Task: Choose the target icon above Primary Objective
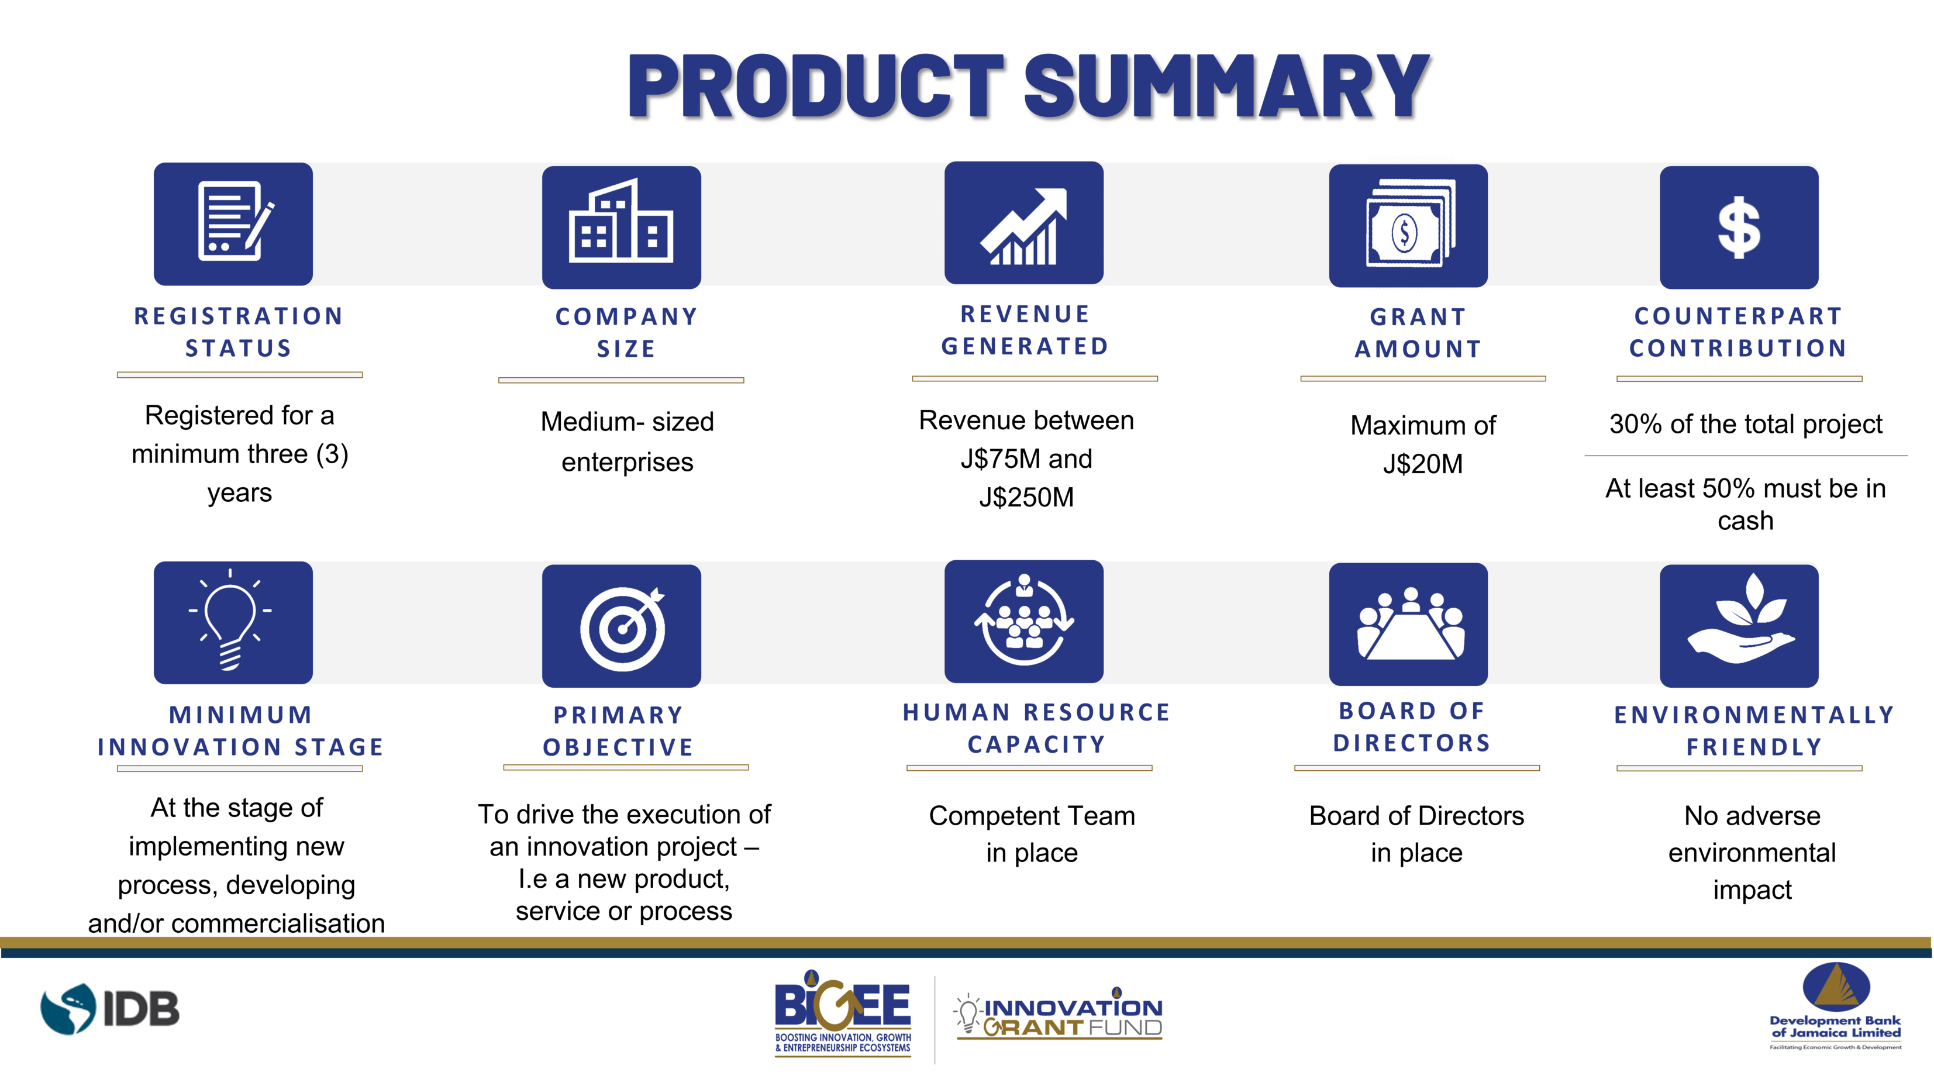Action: [x=622, y=626]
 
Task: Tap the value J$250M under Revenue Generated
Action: [x=1026, y=497]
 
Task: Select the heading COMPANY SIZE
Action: [x=626, y=333]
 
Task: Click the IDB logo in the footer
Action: [x=109, y=1008]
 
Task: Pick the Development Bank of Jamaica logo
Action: [x=1836, y=1006]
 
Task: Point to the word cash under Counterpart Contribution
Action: [x=1746, y=521]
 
